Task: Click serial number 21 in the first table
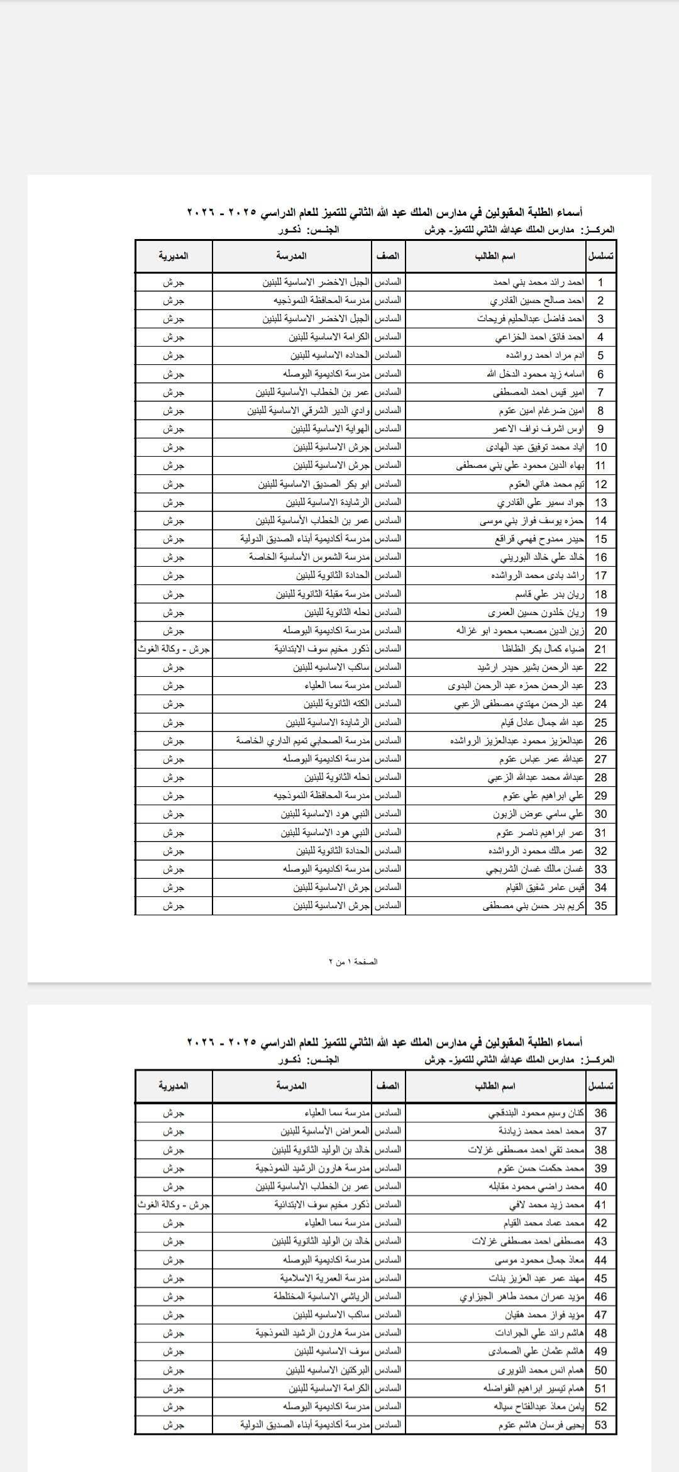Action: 600,649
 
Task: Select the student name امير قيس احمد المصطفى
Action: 539,393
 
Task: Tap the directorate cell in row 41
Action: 174,1205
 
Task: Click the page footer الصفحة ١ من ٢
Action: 353,962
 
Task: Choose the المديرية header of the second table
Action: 174,1086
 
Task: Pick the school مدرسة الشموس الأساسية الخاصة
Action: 309,557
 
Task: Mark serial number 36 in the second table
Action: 600,1113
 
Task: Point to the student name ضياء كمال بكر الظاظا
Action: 543,649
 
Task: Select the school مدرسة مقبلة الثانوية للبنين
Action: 323,594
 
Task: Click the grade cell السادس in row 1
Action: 388,282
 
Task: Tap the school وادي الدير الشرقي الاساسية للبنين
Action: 308,411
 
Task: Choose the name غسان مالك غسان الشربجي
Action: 535,869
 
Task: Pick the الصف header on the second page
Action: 388,1086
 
